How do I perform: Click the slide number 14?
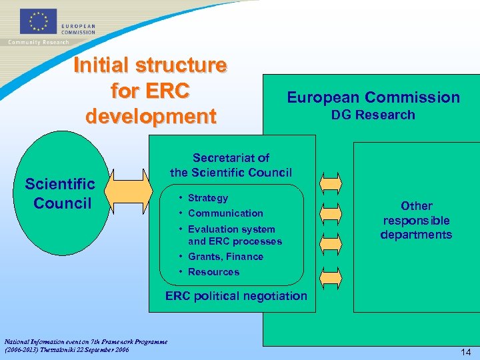465,351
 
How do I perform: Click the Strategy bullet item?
207,198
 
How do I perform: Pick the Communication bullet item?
225,213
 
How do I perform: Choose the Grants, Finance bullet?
225,257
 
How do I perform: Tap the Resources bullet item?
213,272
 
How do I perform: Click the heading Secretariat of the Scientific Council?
231,165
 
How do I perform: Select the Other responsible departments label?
416,220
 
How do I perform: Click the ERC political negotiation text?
236,296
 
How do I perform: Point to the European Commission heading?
373,97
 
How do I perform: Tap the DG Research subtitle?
373,115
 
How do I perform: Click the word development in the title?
151,115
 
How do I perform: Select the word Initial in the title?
101,65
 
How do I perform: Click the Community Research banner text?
39,42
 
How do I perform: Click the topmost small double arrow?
331,182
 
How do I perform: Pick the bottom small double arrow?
331,274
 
